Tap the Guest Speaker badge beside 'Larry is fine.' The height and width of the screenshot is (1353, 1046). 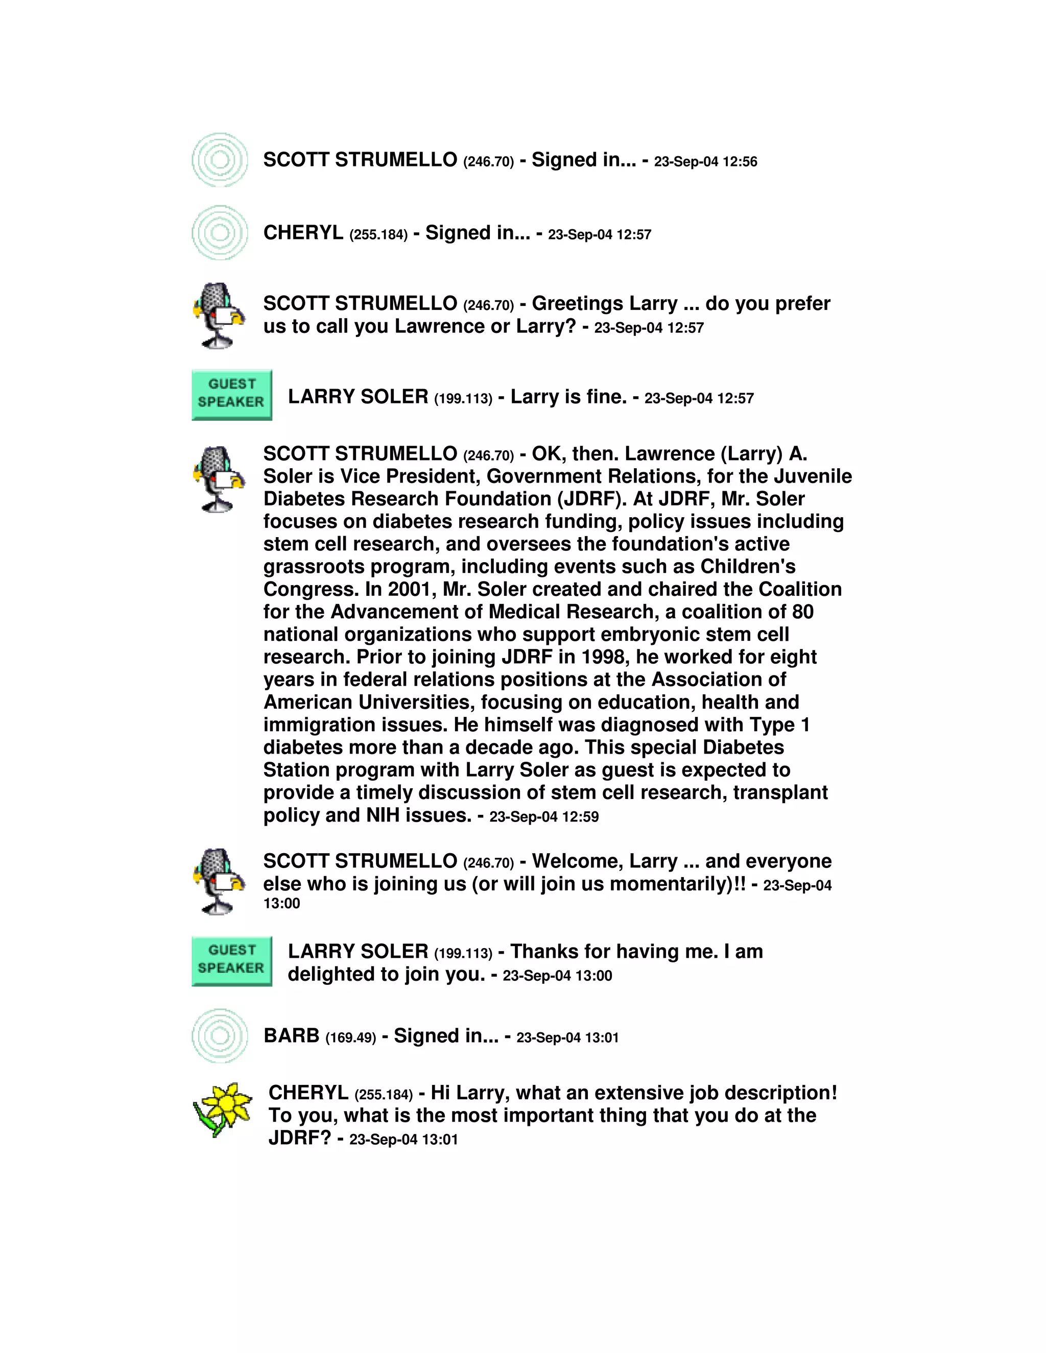click(232, 395)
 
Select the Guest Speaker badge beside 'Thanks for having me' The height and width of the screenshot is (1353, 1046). click(232, 961)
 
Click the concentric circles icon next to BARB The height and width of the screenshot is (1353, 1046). click(220, 1036)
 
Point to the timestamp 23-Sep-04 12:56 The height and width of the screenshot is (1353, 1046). click(705, 162)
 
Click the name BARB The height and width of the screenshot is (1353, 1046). click(291, 1036)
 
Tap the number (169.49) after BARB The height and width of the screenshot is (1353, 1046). click(351, 1037)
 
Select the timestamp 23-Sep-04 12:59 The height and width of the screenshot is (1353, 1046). click(544, 817)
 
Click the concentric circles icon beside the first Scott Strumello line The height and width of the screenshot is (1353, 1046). click(220, 160)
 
